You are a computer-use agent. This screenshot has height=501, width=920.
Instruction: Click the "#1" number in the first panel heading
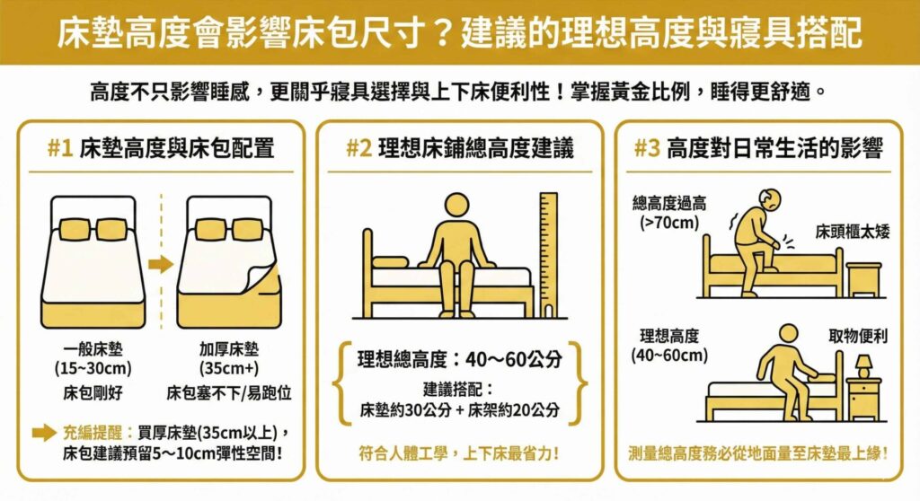59,149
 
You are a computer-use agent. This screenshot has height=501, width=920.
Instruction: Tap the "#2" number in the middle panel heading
358,149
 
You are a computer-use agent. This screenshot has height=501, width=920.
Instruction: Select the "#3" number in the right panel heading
647,149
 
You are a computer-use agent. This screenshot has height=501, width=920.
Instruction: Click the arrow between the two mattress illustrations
161,265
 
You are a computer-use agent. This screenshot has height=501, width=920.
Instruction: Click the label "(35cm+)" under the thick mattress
222,368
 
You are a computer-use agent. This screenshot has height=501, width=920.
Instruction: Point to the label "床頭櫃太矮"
852,233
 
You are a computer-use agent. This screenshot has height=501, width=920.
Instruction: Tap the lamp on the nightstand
862,365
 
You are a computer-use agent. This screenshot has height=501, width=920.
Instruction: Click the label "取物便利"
858,337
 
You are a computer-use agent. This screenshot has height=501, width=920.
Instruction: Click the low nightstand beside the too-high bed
863,279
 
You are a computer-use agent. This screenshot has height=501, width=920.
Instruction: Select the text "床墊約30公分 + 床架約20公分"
459,410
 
